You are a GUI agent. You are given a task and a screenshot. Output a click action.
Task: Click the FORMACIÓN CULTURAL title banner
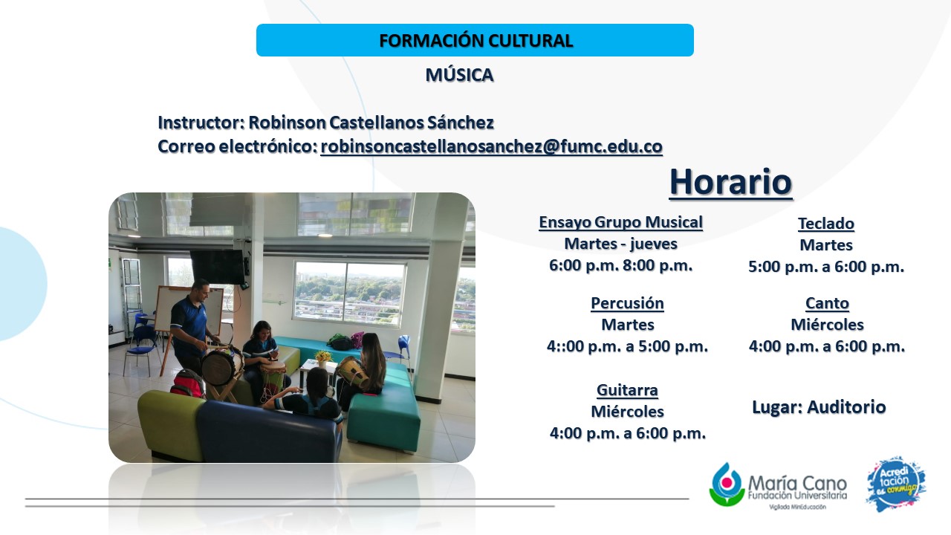[475, 40]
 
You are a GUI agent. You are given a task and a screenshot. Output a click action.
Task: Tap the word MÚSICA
[459, 75]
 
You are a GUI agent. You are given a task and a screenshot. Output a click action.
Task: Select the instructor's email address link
[491, 146]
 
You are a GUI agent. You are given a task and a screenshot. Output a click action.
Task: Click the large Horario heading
[730, 182]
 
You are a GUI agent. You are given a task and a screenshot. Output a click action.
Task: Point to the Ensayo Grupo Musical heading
[620, 222]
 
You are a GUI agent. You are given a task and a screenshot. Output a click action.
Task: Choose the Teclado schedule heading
[825, 224]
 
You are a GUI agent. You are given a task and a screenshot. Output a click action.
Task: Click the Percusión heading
[627, 303]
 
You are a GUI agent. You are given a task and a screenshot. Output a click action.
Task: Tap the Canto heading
[827, 303]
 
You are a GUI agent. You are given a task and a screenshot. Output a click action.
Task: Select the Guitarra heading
[627, 390]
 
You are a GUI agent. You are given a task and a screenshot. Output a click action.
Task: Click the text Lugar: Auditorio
[819, 406]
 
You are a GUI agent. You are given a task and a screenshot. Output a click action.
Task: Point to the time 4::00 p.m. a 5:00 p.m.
[627, 346]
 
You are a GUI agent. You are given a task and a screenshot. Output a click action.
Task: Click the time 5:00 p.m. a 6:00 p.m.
[825, 267]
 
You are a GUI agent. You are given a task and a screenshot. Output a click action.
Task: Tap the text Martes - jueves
[620, 244]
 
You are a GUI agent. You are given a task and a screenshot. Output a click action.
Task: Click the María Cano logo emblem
[727, 484]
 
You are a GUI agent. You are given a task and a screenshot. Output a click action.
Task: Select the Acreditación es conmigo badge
[896, 484]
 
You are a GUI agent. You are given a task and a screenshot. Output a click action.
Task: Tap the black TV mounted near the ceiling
[218, 266]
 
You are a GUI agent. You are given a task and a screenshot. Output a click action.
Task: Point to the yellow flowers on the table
[323, 356]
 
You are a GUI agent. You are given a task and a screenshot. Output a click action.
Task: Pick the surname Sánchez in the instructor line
[460, 123]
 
